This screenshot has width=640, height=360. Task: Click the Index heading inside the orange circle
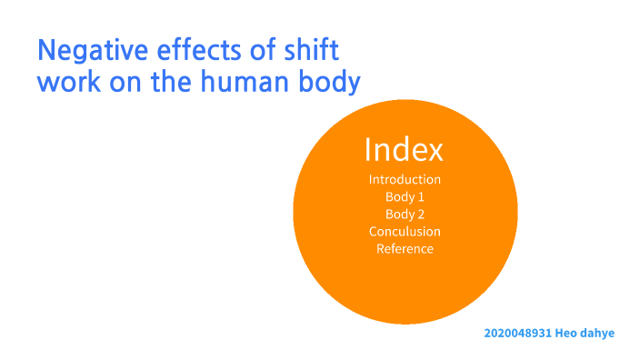click(x=404, y=149)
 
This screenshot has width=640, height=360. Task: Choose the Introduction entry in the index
click(x=405, y=179)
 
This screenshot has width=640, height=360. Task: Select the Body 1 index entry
click(x=405, y=196)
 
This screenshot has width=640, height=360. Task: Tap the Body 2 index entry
click(x=405, y=215)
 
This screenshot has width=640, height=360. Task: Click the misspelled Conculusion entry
click(x=405, y=232)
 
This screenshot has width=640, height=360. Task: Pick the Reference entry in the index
click(x=405, y=249)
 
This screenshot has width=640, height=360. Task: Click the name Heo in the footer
click(x=567, y=334)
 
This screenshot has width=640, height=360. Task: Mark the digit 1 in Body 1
click(x=421, y=196)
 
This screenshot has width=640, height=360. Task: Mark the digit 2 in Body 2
click(x=421, y=215)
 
